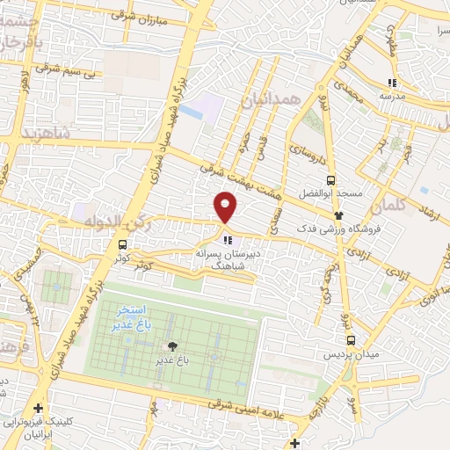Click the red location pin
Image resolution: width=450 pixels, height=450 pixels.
pos(226,207)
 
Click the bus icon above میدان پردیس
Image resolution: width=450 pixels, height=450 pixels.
pos(351,340)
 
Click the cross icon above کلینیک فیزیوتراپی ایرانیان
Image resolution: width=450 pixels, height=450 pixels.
pos(37,409)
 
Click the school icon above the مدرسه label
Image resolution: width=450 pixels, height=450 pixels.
pos(393,83)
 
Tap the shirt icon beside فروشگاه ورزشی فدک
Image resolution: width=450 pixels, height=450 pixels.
pos(337,214)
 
